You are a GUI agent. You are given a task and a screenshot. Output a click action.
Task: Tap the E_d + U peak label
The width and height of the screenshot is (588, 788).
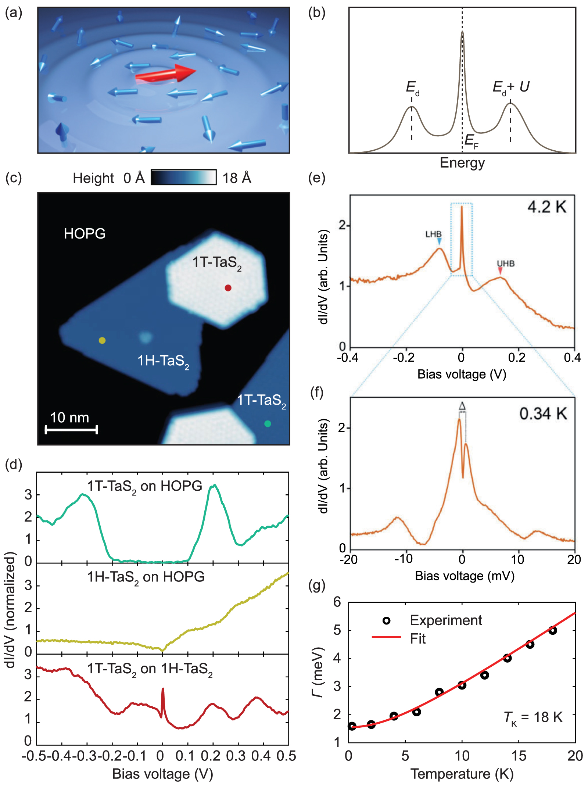(x=511, y=87)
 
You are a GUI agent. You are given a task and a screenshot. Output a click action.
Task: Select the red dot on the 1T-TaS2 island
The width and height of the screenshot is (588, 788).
(x=228, y=288)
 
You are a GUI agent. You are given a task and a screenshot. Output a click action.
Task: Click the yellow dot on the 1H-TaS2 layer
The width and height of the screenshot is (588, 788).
(x=102, y=340)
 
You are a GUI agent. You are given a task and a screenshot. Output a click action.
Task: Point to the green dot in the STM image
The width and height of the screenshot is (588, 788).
(x=268, y=424)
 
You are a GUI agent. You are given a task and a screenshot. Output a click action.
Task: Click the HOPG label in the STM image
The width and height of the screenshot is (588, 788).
(x=85, y=234)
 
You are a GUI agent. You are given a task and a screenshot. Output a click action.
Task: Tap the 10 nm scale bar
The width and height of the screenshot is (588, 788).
(x=71, y=429)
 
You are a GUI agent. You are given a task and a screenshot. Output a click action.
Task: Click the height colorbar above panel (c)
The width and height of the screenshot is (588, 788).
(x=183, y=177)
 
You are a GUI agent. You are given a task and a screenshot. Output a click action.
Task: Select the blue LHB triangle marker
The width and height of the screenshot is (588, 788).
(x=439, y=241)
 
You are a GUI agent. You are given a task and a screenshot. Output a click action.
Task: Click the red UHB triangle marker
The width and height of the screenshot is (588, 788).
(x=500, y=271)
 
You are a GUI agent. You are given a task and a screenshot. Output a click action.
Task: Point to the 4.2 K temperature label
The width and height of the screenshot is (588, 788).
(x=546, y=207)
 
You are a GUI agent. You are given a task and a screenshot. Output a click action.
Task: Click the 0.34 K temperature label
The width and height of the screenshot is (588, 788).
(x=543, y=414)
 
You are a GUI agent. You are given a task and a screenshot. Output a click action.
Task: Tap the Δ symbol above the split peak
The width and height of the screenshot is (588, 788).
(x=462, y=406)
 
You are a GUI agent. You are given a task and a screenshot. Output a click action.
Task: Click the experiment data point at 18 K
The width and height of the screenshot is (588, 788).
(x=552, y=630)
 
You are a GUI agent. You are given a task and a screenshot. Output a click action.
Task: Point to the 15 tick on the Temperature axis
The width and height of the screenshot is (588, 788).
(x=519, y=756)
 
